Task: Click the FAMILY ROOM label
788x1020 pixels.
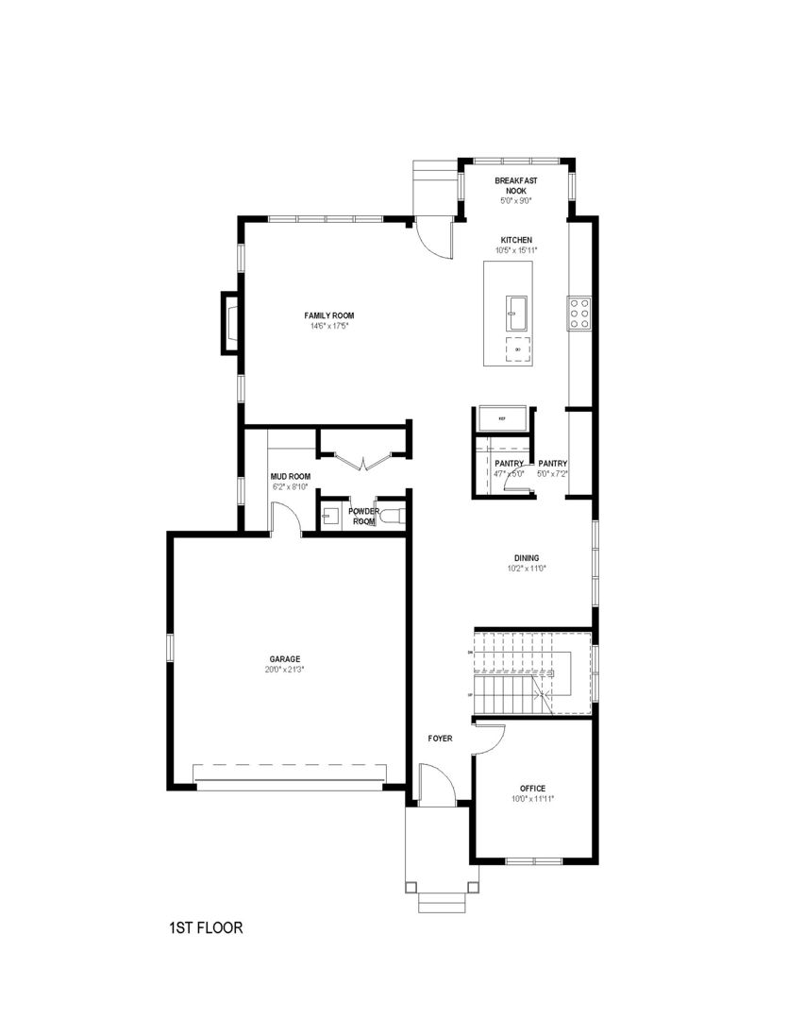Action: [328, 315]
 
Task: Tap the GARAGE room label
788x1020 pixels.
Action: [284, 658]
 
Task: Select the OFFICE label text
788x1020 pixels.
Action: [532, 788]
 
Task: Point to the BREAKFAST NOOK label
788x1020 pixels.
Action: [515, 185]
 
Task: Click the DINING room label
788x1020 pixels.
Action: [527, 557]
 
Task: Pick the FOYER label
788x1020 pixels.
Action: [440, 738]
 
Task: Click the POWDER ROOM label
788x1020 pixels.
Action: [364, 516]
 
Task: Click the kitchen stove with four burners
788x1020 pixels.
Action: [578, 313]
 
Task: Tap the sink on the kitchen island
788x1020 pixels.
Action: [517, 308]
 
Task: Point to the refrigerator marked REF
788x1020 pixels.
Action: [502, 417]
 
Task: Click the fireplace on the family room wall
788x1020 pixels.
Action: [229, 322]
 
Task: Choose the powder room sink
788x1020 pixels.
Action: [329, 516]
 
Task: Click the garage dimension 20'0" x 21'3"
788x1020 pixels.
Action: [284, 669]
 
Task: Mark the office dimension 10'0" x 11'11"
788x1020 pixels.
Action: [532, 798]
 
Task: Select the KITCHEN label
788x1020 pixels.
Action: [516, 240]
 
